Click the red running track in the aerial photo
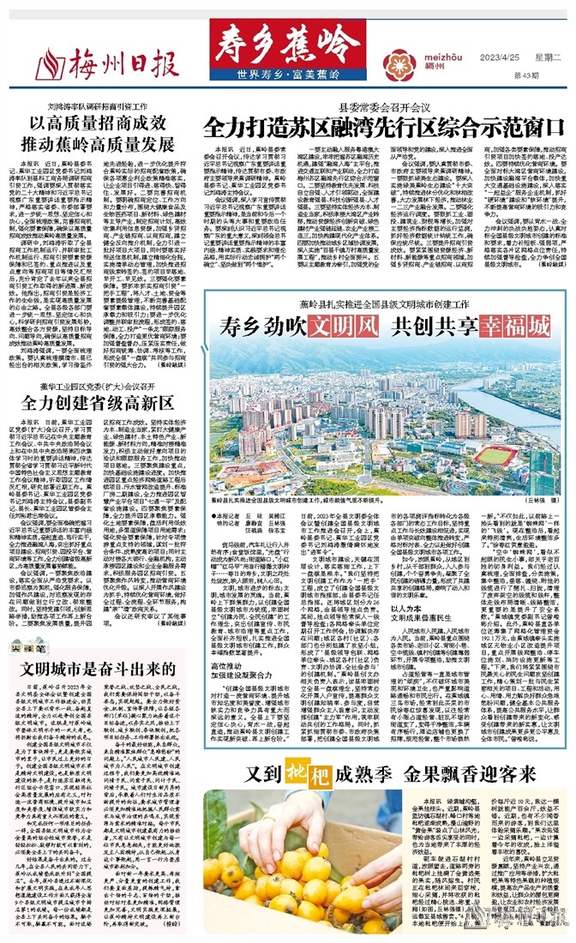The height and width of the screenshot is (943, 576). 489,454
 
